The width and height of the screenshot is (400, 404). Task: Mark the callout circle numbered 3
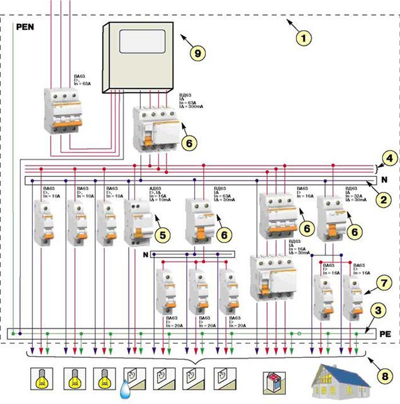(377, 310)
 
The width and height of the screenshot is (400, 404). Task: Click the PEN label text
(27, 28)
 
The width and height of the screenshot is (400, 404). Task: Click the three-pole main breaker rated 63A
(61, 114)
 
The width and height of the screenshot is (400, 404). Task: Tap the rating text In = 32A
(355, 195)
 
